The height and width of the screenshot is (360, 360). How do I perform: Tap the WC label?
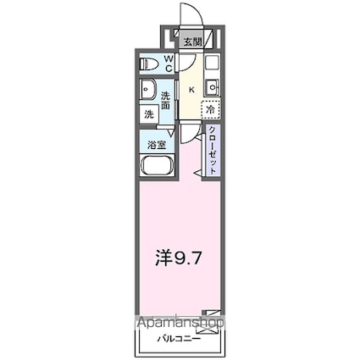coord(169,63)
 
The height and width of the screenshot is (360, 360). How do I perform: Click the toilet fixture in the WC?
coord(150,63)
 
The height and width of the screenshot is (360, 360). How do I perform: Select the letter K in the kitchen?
coord(191,90)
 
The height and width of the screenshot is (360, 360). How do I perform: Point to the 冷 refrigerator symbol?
coord(209,109)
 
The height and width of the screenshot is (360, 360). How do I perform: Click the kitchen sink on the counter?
coord(212,86)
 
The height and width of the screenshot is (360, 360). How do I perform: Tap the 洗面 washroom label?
coord(166,101)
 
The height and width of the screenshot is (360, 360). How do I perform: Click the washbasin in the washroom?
coord(147,88)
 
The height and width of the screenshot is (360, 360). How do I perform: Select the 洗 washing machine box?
coord(148,114)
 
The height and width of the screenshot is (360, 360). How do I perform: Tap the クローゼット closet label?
coord(212,150)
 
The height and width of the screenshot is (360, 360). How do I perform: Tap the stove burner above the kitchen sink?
coord(212,63)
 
